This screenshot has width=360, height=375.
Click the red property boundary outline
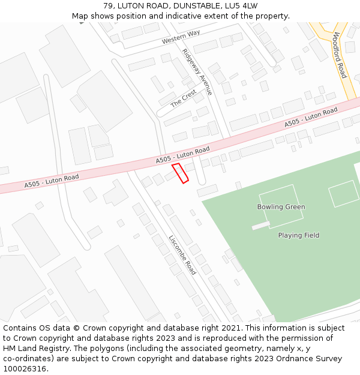(x=180, y=173)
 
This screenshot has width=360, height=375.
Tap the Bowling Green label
(x=281, y=207)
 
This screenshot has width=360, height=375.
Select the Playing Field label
(x=298, y=235)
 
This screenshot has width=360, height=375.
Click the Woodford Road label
(x=340, y=55)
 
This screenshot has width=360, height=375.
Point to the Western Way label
(x=181, y=37)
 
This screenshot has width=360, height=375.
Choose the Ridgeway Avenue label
(x=197, y=72)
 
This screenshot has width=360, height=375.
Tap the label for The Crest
(x=183, y=98)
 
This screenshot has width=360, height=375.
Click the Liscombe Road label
(x=182, y=254)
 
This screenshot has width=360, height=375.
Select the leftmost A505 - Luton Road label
(x=52, y=181)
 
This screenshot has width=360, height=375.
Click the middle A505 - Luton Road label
(x=182, y=155)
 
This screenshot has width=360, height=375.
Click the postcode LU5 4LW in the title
(x=240, y=6)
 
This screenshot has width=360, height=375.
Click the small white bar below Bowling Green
(x=261, y=226)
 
